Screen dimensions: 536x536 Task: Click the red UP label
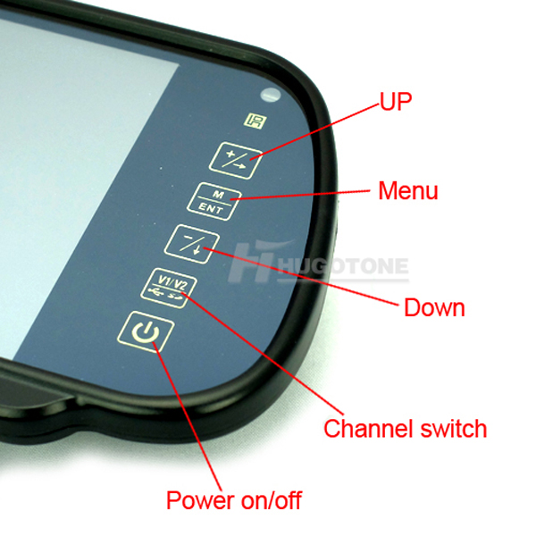tap(396, 101)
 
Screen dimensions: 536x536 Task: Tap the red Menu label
tap(408, 190)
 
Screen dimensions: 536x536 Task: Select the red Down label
tap(434, 307)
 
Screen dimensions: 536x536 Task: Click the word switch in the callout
tap(454, 428)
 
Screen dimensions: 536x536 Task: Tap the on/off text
tap(271, 500)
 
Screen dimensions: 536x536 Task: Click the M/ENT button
tap(214, 202)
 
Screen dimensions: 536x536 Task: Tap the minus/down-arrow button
tap(192, 244)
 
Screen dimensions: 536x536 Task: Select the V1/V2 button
tap(169, 288)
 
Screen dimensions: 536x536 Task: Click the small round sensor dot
tap(271, 96)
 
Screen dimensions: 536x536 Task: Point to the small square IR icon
tap(255, 121)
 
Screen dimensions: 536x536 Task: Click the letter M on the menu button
tap(218, 194)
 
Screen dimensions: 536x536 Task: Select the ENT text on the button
tap(211, 207)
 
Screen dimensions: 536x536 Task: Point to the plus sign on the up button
tap(231, 154)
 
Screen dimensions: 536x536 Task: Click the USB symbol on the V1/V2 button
tap(156, 292)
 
